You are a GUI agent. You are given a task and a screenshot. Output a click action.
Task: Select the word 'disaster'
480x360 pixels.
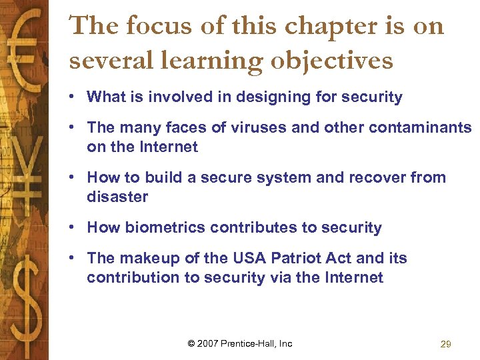point(117,197)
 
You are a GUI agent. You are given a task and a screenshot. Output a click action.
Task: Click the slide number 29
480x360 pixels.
point(446,344)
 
